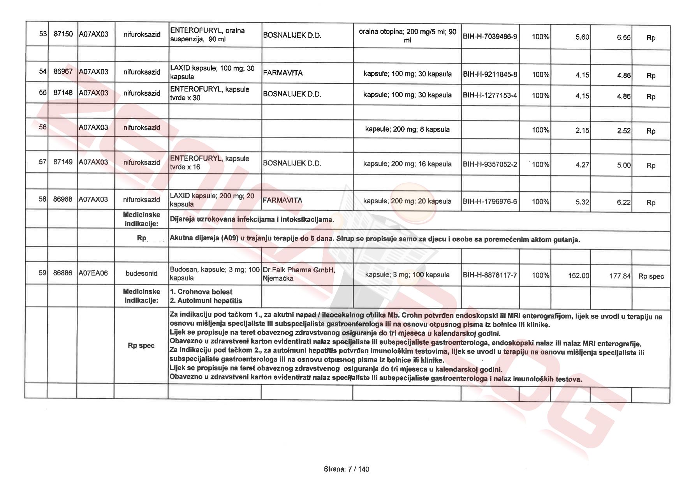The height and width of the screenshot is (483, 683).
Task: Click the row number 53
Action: coord(43,34)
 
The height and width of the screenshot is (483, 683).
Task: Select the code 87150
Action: coord(63,34)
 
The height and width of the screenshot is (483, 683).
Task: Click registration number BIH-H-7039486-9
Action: coord(490,37)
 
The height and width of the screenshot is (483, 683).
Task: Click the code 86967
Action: coord(63,72)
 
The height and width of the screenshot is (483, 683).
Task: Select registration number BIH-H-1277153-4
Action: coord(490,95)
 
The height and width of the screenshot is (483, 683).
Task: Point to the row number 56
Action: coord(43,127)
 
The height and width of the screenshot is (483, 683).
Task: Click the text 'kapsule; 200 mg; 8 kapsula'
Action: coord(407,129)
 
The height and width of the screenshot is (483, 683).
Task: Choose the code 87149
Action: coord(63,162)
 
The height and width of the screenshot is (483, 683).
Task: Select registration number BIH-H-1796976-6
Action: coord(490,201)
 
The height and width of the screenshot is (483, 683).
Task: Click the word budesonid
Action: coord(141,273)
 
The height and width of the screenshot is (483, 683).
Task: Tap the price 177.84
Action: coord(620,276)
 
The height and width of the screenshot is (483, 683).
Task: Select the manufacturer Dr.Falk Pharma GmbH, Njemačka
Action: coord(299,274)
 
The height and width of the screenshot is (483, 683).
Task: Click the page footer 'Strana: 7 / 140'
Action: coord(346,469)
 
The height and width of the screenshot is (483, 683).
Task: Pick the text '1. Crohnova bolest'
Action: coord(201,292)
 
